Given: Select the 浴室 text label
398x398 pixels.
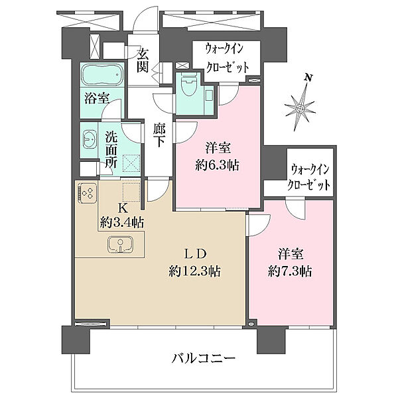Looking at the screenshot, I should tap(97, 98).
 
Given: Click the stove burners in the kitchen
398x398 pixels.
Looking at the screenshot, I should tap(86, 193).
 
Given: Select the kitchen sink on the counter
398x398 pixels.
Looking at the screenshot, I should tap(119, 245).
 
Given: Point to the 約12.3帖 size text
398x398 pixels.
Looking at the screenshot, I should tap(195, 271).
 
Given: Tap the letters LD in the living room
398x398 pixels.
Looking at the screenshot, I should tap(196, 253).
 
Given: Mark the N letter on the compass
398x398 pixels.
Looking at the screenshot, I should tap(308, 78).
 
